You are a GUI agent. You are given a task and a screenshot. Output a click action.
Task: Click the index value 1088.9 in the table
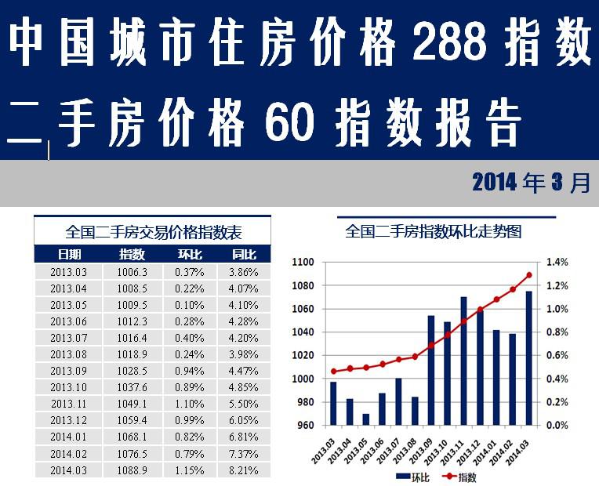(132, 470)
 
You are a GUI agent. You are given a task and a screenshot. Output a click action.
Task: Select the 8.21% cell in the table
(243, 470)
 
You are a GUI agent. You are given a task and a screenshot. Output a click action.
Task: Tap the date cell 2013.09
(68, 371)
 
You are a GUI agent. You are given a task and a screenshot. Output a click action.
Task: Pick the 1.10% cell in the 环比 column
(189, 404)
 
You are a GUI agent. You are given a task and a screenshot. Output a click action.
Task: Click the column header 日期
(69, 254)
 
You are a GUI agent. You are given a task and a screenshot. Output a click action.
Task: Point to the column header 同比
(243, 254)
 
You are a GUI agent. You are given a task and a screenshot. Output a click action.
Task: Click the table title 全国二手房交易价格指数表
(153, 232)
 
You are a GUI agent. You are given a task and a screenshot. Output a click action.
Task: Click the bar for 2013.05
(365, 419)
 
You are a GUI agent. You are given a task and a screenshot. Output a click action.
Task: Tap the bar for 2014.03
(528, 358)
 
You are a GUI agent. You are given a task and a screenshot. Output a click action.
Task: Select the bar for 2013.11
(463, 361)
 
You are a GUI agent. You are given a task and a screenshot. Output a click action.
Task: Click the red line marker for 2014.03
(528, 275)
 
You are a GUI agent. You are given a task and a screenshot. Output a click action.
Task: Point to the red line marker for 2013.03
(333, 372)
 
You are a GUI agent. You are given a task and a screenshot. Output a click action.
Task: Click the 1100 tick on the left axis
(302, 263)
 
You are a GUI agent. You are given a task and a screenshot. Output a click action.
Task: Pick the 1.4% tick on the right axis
(557, 263)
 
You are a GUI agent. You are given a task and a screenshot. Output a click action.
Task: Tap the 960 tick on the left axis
(304, 426)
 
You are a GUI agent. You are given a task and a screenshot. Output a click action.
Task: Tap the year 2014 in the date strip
(495, 183)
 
